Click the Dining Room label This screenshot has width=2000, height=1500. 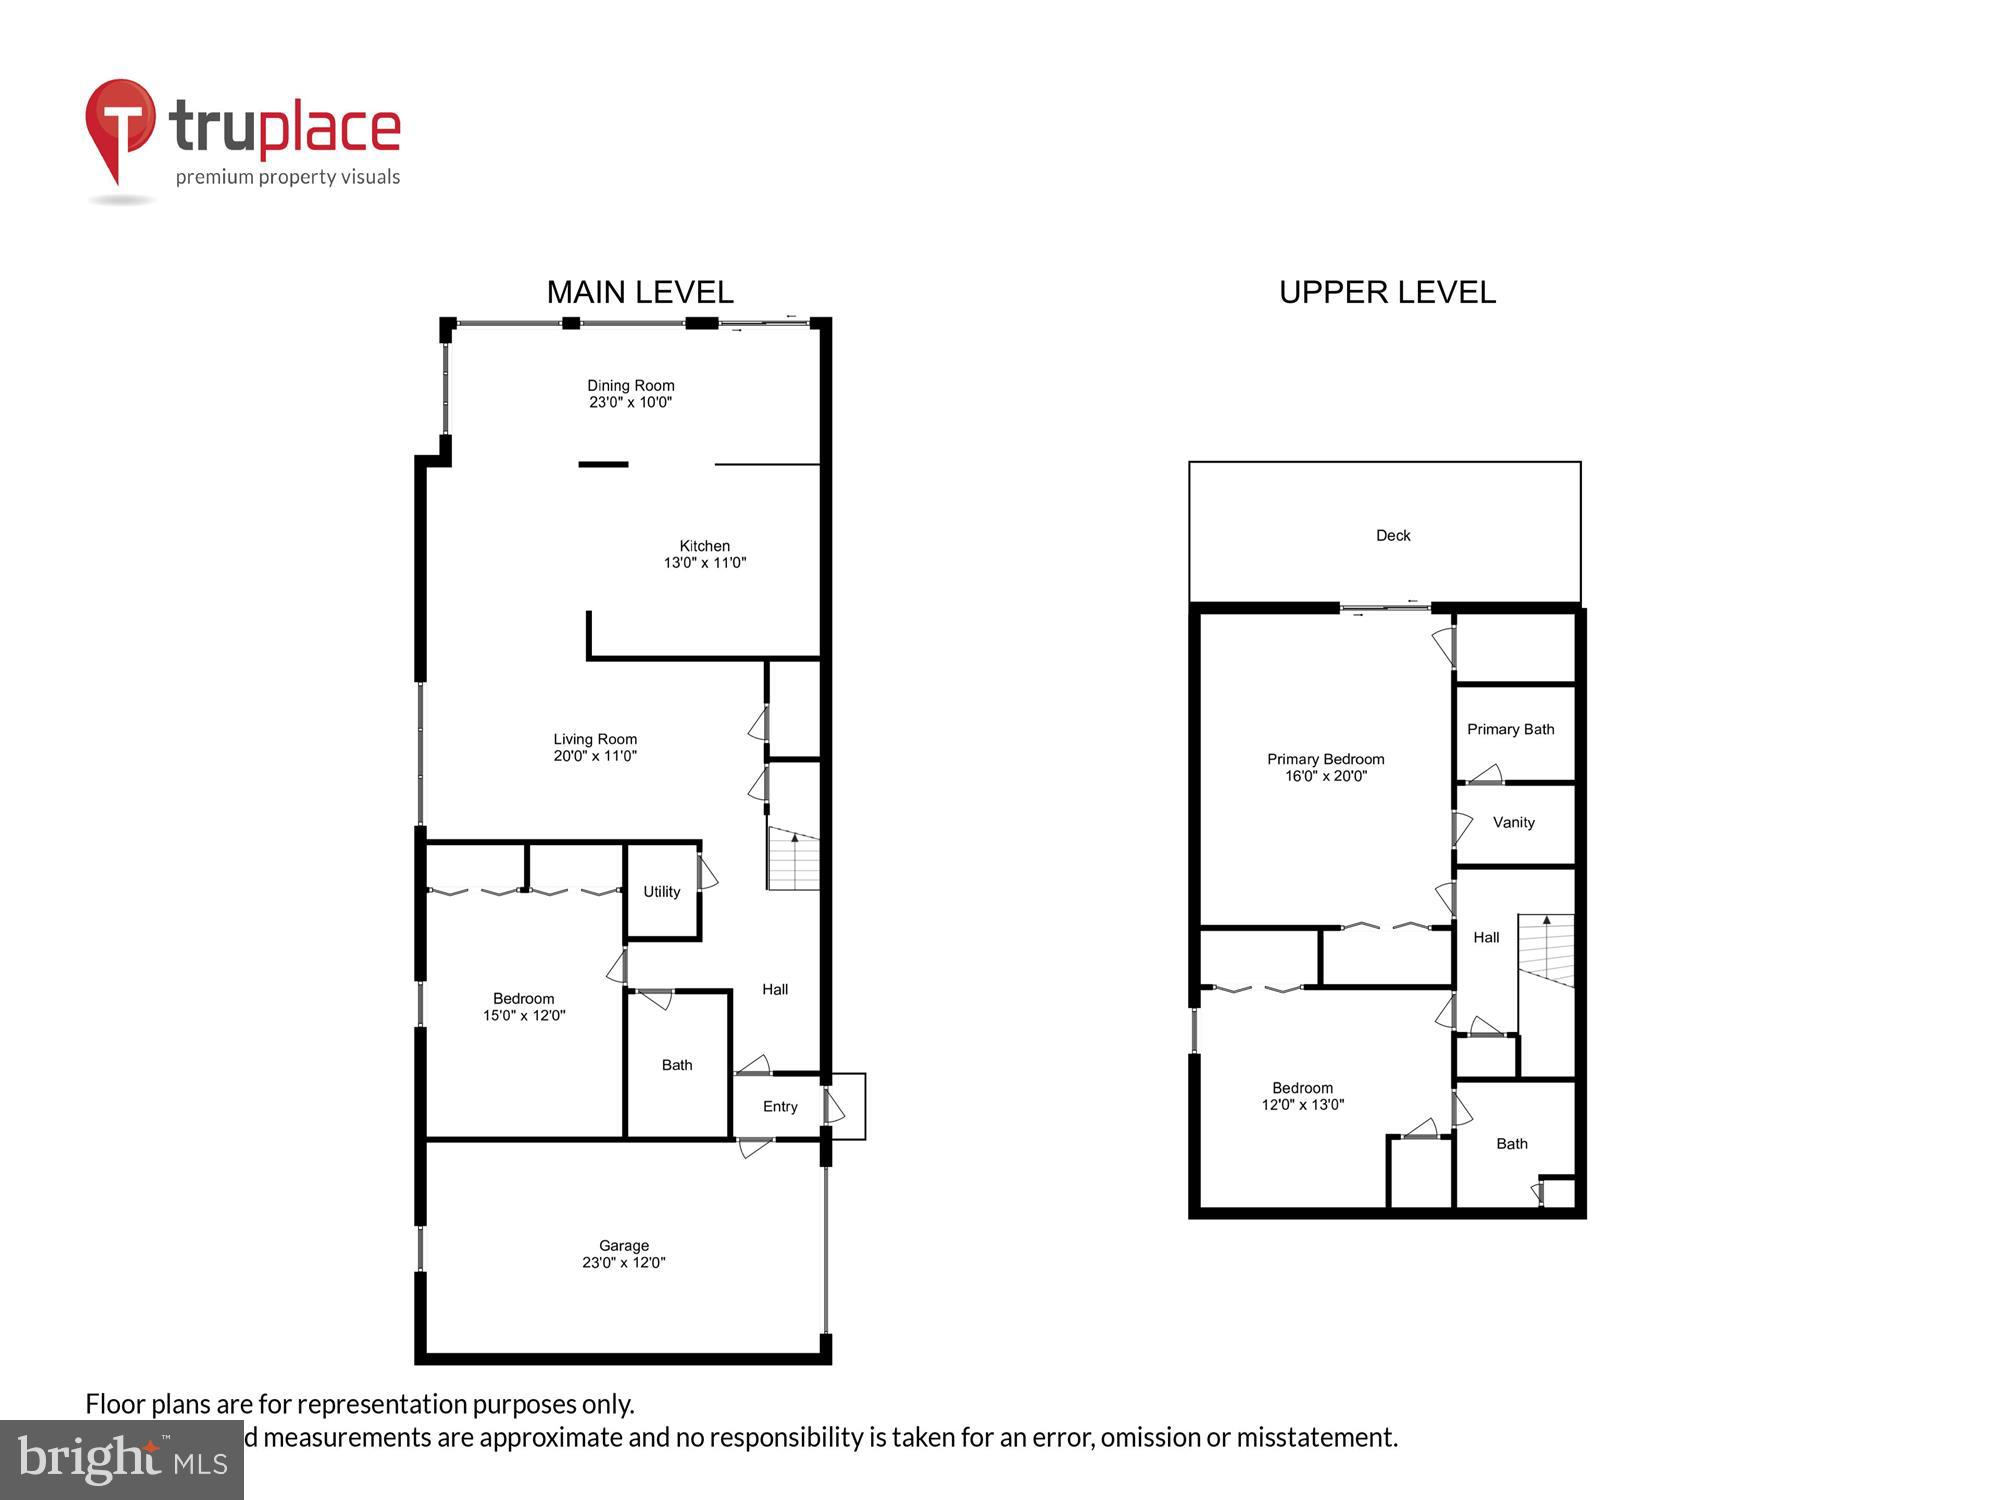click(630, 385)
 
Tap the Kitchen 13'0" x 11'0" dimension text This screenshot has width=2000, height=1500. click(705, 563)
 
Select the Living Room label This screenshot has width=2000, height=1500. click(595, 739)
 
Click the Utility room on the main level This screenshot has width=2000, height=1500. click(661, 891)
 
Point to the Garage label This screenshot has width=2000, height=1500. click(624, 1245)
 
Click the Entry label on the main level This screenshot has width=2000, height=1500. click(780, 1106)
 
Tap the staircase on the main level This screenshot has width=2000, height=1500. click(794, 860)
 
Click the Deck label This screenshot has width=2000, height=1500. click(1393, 535)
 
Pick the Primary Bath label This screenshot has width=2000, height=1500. click(1510, 729)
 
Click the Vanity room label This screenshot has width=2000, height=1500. click(1513, 822)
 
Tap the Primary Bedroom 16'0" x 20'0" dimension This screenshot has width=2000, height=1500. click(1326, 776)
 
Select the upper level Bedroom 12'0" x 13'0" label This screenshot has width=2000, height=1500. click(1302, 1096)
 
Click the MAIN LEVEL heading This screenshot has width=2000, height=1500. click(640, 292)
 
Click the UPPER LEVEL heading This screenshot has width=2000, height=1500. click(1387, 292)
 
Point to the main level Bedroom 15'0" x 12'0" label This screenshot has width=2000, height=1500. click(524, 1006)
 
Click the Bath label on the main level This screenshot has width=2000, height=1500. click(677, 1065)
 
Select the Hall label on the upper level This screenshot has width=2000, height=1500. click(1486, 937)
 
